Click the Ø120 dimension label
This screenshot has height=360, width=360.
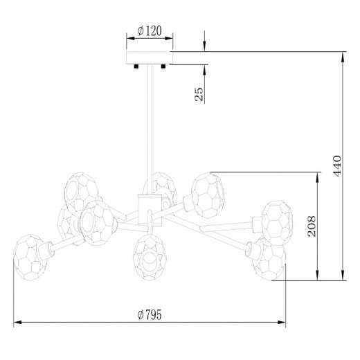(x=150, y=30)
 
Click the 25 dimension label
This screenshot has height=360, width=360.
(x=199, y=94)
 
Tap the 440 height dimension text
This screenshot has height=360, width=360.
(x=337, y=166)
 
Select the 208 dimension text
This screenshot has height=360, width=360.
(x=312, y=226)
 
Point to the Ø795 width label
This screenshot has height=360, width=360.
(x=150, y=314)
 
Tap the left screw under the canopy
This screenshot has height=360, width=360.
(x=136, y=66)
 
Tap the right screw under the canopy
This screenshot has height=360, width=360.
(x=163, y=66)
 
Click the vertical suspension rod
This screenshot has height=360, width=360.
(x=150, y=129)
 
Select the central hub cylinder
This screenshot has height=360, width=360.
(x=150, y=210)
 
